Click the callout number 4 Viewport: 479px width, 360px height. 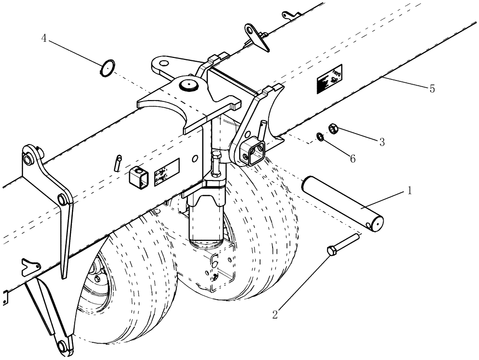pyautogui.click(x=44, y=39)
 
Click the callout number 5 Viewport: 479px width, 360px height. pyautogui.click(x=432, y=89)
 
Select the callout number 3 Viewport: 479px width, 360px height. pyautogui.click(x=382, y=142)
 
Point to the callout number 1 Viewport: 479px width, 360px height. pyautogui.click(x=409, y=191)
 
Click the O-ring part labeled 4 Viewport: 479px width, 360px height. pyautogui.click(x=107, y=68)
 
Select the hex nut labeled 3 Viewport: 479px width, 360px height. pyautogui.click(x=333, y=128)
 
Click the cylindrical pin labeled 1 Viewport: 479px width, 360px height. pyautogui.click(x=342, y=204)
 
